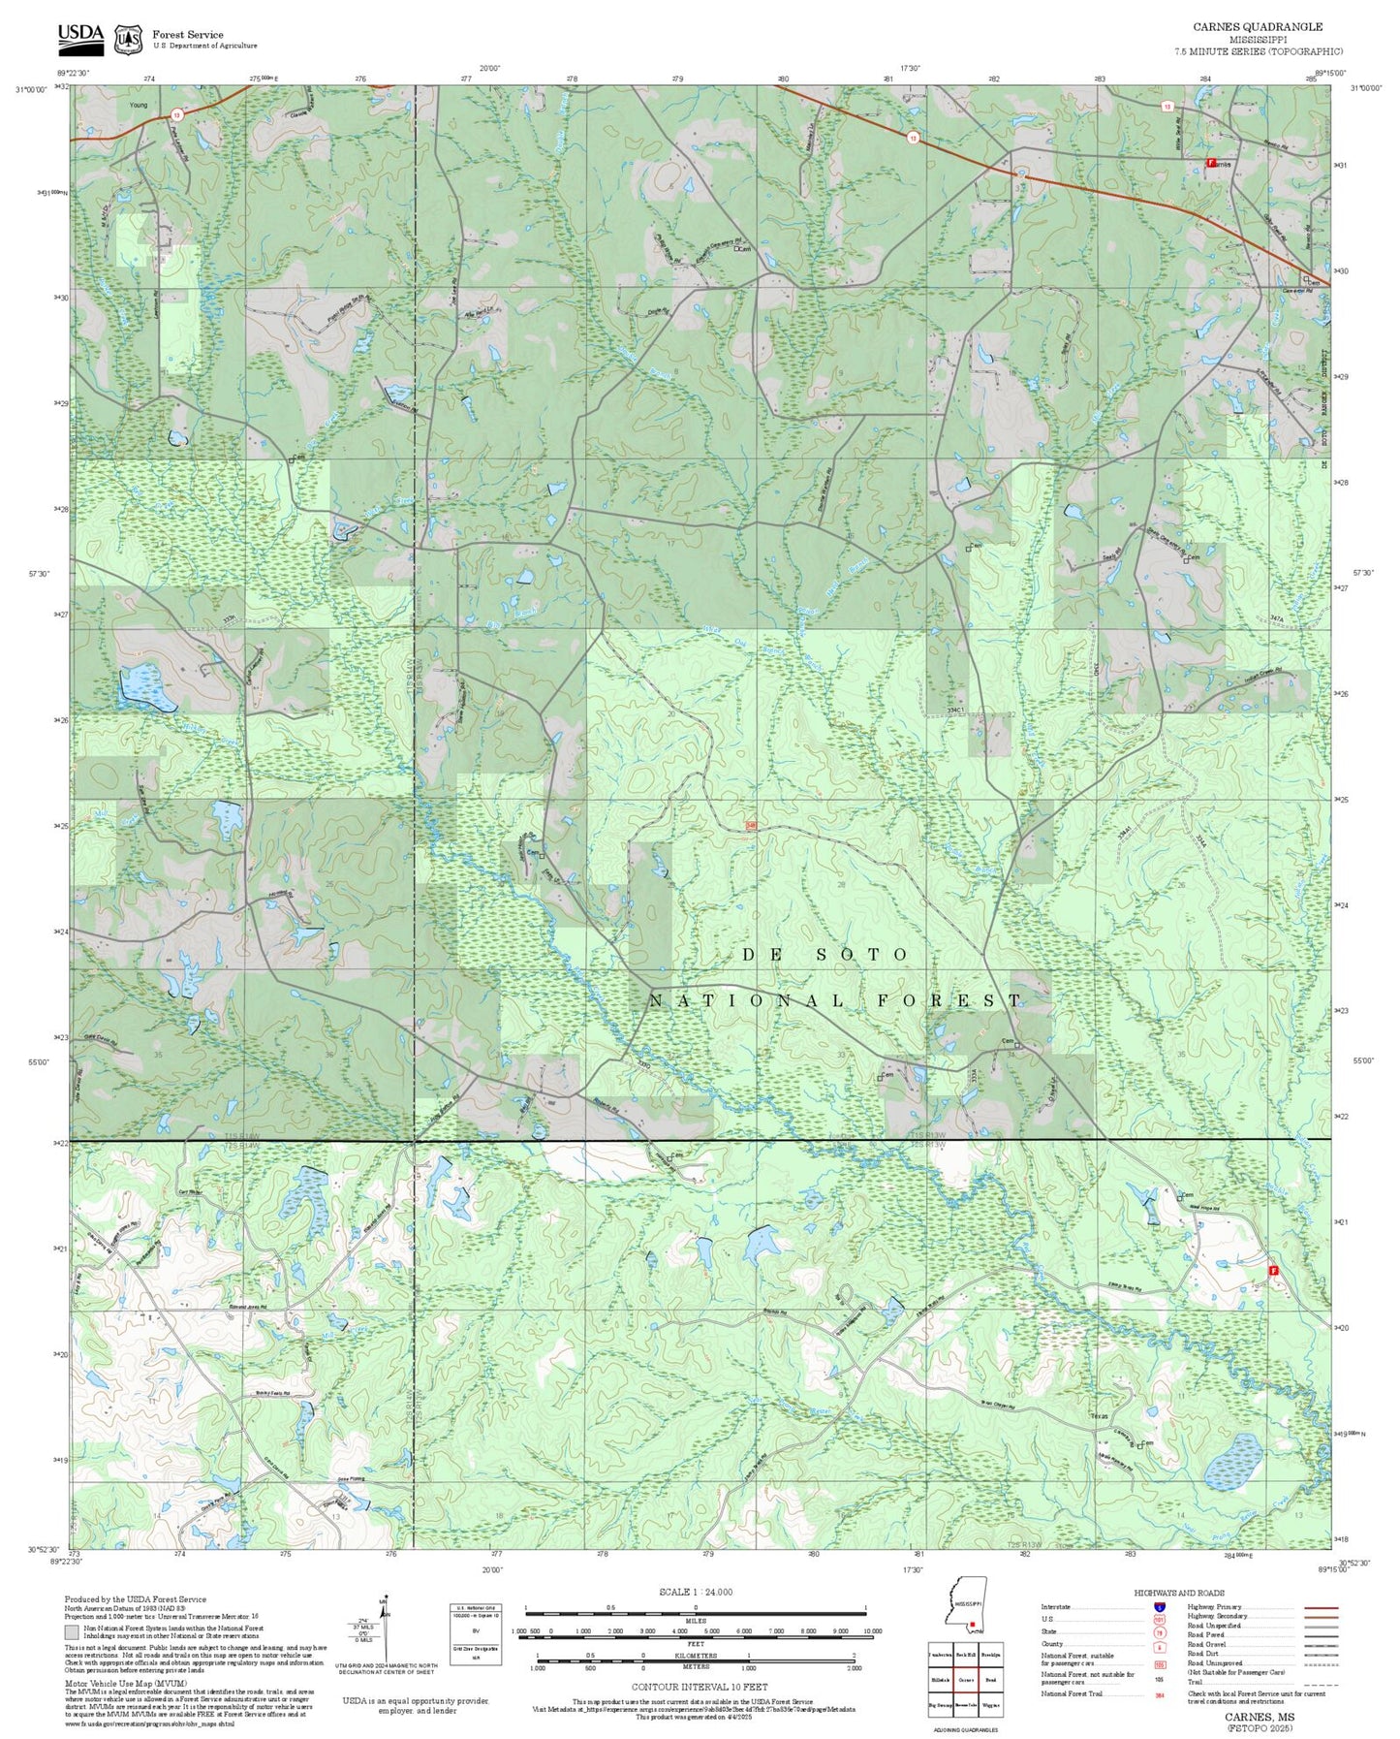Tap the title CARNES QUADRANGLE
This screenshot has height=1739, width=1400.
(x=1258, y=26)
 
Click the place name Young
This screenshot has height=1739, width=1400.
(x=138, y=105)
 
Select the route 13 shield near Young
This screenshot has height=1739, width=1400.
(x=176, y=114)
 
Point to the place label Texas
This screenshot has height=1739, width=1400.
(x=1099, y=1416)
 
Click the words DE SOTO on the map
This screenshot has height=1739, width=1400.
(x=825, y=955)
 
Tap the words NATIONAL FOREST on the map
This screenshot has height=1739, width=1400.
(x=835, y=1000)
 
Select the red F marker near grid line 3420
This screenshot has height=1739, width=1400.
(x=1273, y=1270)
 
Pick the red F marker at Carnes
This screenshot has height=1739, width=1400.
(x=1210, y=163)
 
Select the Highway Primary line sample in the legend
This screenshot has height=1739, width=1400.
(x=1322, y=1607)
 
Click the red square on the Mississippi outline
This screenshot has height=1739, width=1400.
(x=971, y=1624)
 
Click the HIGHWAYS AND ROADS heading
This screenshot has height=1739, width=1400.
(x=1179, y=1593)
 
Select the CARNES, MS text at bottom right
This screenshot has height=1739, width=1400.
(x=1259, y=1716)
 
